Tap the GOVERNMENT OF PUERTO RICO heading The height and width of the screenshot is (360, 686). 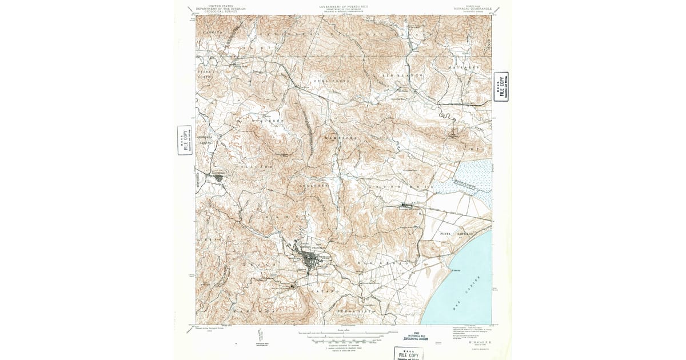click(x=343, y=6)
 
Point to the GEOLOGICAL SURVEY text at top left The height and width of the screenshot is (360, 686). click(x=220, y=11)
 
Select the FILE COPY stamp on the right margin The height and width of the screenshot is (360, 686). click(x=501, y=87)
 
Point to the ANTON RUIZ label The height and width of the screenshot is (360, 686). click(x=400, y=187)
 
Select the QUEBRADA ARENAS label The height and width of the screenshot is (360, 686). click(x=205, y=139)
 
